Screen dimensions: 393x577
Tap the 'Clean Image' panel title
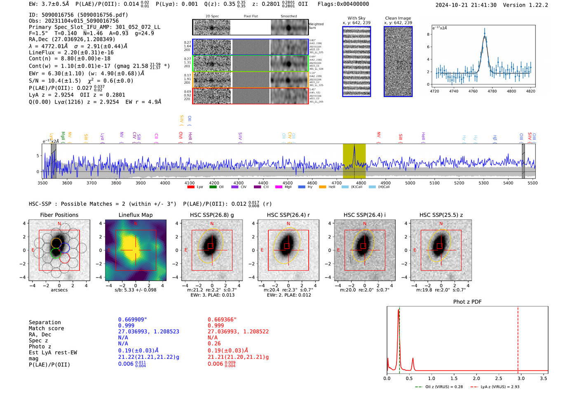398,18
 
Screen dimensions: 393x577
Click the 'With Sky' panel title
356,18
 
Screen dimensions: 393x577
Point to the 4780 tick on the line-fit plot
492,91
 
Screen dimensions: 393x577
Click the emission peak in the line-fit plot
485,31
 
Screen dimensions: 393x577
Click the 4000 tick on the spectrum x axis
165,183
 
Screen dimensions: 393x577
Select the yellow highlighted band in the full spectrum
354,161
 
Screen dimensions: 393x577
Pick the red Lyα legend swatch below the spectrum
191,187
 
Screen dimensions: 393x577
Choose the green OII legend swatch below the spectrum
213,187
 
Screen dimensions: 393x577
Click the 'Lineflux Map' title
136,215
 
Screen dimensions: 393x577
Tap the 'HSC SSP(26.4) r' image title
288,215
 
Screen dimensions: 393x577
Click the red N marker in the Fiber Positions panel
59,224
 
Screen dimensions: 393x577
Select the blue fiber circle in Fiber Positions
64,248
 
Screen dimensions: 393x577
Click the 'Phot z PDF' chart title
467,301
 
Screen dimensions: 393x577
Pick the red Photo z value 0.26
214,344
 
